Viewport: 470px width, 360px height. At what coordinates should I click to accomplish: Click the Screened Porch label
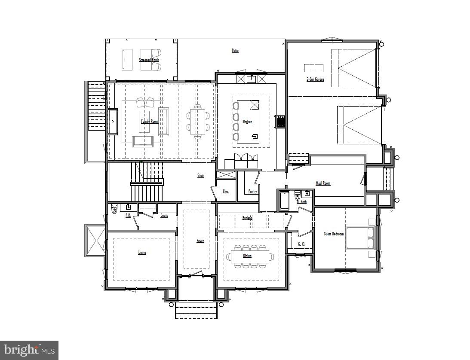tap(149, 60)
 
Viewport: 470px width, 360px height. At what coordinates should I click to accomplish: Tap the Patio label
tap(235, 51)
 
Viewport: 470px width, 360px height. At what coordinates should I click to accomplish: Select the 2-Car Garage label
tap(315, 79)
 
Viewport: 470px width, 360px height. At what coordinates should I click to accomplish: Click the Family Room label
tap(150, 122)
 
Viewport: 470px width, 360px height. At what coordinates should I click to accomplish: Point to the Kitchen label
tap(247, 122)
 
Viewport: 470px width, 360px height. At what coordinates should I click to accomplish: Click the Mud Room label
tap(323, 183)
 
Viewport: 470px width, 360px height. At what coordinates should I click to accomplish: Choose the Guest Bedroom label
tap(333, 234)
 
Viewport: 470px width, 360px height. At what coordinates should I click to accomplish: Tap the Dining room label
tap(247, 256)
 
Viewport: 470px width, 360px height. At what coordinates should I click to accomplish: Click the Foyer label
tap(200, 241)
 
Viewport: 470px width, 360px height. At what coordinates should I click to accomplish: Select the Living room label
tap(142, 253)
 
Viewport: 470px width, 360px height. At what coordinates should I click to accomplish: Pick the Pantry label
tap(252, 192)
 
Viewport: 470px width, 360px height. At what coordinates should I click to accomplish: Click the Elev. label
tap(226, 192)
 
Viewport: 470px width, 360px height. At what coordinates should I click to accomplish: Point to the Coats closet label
tap(164, 216)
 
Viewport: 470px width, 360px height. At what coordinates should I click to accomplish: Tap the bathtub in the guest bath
tap(284, 201)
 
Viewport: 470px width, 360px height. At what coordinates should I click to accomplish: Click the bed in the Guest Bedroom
tap(360, 238)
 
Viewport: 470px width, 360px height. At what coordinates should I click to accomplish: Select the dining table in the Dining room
tap(250, 256)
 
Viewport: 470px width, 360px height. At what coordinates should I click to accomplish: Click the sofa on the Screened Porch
tap(127, 59)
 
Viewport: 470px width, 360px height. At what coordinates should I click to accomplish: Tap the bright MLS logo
tap(29, 350)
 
